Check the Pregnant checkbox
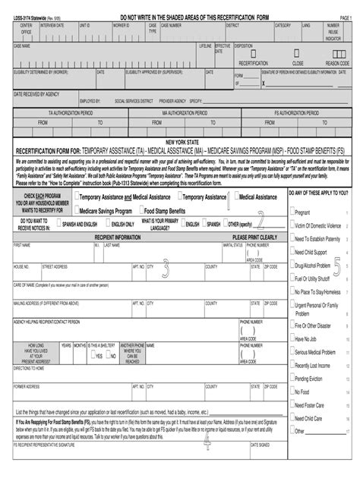pyautogui.click(x=292, y=212)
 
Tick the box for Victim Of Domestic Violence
pyautogui.click(x=292, y=225)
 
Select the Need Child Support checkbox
pyautogui.click(x=292, y=251)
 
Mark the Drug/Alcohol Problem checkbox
pyautogui.click(x=292, y=266)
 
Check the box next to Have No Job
pyautogui.click(x=292, y=338)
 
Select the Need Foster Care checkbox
pyautogui.click(x=292, y=404)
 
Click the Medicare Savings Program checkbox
pyautogui.click(x=76, y=209)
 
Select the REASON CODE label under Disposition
pyautogui.click(x=333, y=64)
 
